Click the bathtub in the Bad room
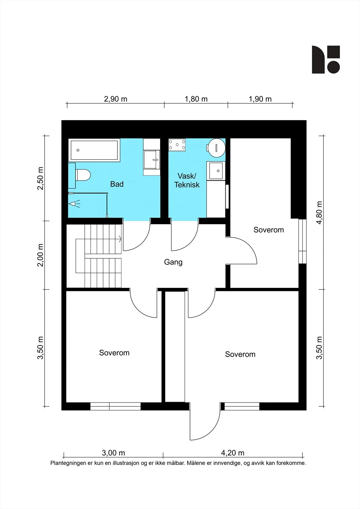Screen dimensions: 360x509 (94, 150)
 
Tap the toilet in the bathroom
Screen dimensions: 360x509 (83, 175)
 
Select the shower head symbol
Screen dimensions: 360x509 (74, 204)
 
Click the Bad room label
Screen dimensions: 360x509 (117, 184)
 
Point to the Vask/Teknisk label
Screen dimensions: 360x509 (187, 180)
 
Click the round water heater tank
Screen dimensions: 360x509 (216, 148)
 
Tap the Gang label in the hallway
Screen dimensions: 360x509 (173, 262)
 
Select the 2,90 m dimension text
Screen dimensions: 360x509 (116, 99)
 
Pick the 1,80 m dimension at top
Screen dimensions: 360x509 (196, 99)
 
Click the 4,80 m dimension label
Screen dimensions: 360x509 (319, 213)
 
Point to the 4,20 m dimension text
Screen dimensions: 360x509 (233, 453)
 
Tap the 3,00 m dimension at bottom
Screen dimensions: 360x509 (113, 453)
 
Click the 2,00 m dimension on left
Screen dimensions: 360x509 (40, 255)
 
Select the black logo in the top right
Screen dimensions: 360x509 (326, 59)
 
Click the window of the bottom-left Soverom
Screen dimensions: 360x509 (116, 406)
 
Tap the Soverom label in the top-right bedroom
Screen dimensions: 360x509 (269, 230)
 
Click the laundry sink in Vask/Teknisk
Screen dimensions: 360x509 (216, 171)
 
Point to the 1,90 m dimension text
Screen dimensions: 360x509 (260, 99)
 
